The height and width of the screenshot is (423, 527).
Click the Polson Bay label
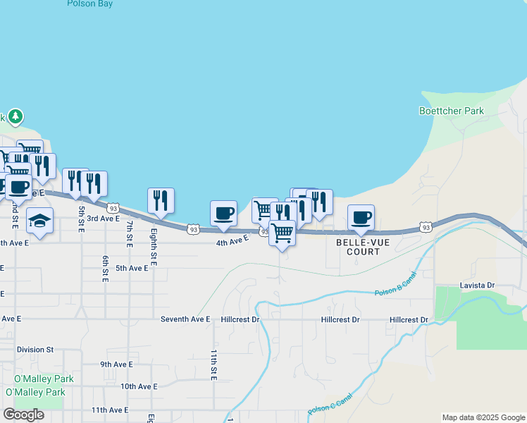tap(90, 4)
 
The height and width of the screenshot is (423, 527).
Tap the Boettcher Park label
tap(452, 111)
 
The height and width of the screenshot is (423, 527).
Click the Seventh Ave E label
tap(185, 319)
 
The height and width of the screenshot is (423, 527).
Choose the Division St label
tap(35, 349)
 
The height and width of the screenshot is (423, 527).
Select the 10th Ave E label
tap(138, 386)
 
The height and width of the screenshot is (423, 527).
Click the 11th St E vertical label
tap(213, 364)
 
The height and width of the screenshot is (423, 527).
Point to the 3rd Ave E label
tap(103, 219)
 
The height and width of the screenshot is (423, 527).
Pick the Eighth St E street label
tap(154, 247)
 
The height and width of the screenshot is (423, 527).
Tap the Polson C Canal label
tap(330, 408)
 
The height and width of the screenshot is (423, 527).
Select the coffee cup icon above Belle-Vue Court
tap(361, 217)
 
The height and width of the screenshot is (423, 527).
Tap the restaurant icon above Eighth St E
tap(161, 201)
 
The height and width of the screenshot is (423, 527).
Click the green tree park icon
tap(15, 116)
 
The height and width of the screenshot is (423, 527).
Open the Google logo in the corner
tap(23, 415)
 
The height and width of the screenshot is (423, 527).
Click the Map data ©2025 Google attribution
tap(483, 417)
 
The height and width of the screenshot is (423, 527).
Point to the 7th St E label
tap(130, 234)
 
